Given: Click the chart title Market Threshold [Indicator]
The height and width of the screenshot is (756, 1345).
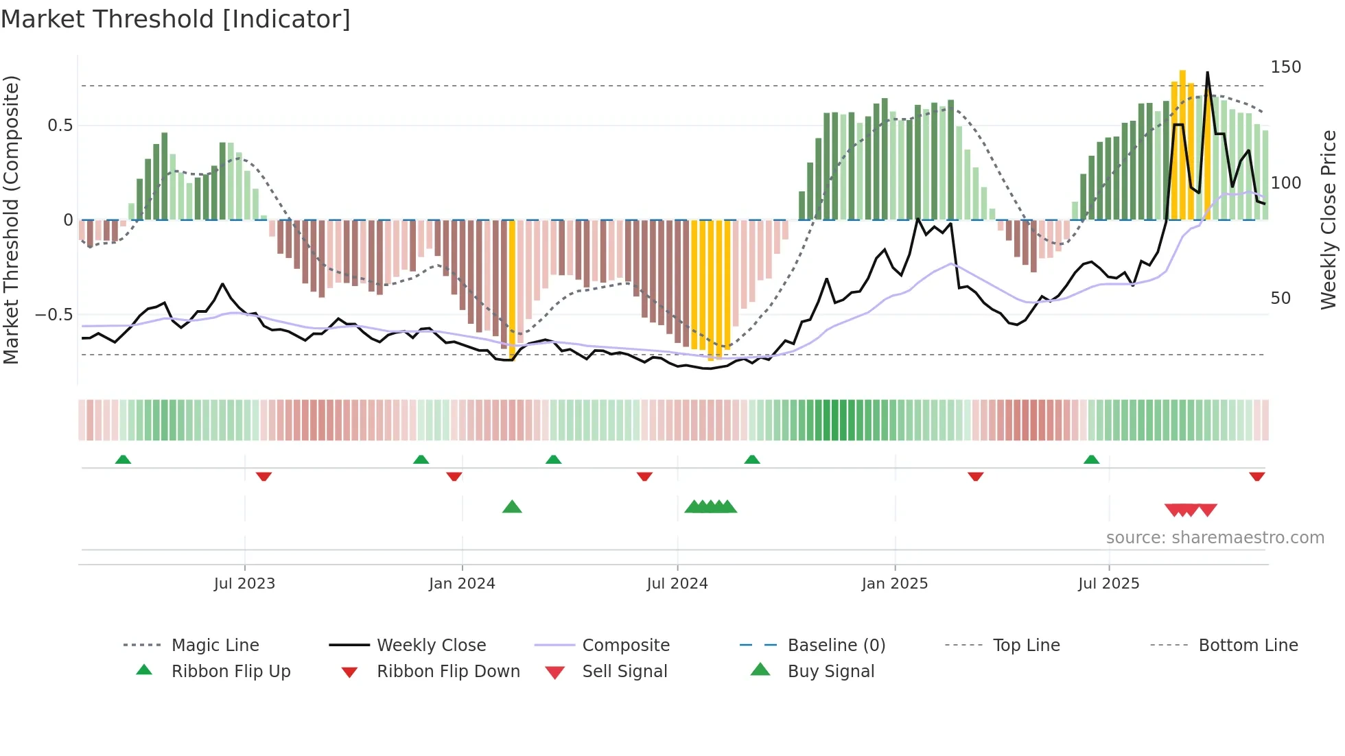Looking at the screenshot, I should tap(176, 19).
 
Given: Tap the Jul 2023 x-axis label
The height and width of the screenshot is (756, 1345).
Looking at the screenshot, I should tap(244, 583).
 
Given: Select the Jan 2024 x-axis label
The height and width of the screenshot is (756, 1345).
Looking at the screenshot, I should tap(462, 583).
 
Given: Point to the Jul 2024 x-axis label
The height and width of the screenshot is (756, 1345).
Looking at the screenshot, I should tap(677, 583).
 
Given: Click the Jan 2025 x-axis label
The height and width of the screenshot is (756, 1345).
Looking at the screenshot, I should tap(895, 583).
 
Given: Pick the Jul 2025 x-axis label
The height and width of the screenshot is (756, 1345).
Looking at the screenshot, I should tap(1109, 583).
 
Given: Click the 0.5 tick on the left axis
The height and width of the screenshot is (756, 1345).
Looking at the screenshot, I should tap(60, 126).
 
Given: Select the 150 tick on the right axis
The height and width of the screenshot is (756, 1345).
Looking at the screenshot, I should tap(1285, 67).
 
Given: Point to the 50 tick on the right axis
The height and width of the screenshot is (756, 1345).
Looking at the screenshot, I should tap(1280, 298).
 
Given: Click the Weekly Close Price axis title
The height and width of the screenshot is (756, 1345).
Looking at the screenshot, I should tap(1329, 220).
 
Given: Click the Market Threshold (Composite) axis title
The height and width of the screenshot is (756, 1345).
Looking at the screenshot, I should tap(11, 220).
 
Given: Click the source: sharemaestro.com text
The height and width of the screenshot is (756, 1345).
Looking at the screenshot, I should tap(1215, 538).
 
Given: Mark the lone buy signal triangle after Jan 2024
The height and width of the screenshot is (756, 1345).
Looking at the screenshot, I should tap(512, 507).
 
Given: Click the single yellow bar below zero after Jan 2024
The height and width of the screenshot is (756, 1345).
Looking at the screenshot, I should tap(512, 288).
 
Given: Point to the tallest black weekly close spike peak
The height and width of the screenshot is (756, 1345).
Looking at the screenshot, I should tap(1208, 73).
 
